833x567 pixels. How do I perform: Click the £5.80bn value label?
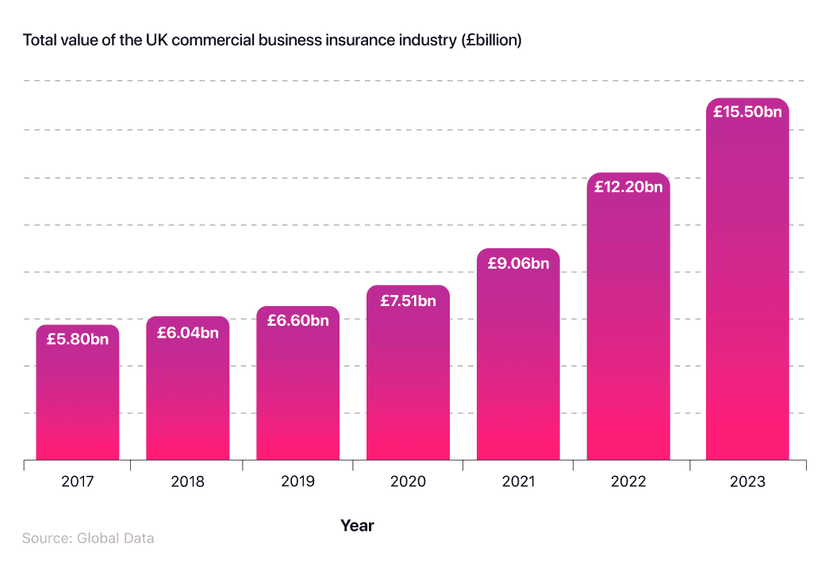(x=77, y=339)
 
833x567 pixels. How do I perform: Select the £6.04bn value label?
(x=187, y=332)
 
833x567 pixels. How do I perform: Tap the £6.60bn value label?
(x=297, y=320)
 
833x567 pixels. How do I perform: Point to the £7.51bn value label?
(x=408, y=301)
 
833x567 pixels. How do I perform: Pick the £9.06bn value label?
(x=518, y=263)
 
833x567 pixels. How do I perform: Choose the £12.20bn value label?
(x=628, y=187)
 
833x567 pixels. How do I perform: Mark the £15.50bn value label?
(x=747, y=112)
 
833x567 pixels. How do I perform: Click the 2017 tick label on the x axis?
(x=77, y=481)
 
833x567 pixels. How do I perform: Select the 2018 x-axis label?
(x=187, y=481)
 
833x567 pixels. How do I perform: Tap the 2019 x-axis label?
(x=297, y=481)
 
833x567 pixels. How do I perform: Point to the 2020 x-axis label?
(x=408, y=481)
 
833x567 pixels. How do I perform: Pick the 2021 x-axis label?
(x=518, y=481)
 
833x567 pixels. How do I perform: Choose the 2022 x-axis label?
(x=628, y=481)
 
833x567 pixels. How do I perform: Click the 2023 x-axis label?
(x=747, y=481)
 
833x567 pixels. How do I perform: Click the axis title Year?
(x=357, y=525)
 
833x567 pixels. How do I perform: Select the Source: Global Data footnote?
(x=88, y=538)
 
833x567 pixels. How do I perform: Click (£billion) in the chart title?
(x=491, y=40)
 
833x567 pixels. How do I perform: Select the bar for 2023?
(x=747, y=301)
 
